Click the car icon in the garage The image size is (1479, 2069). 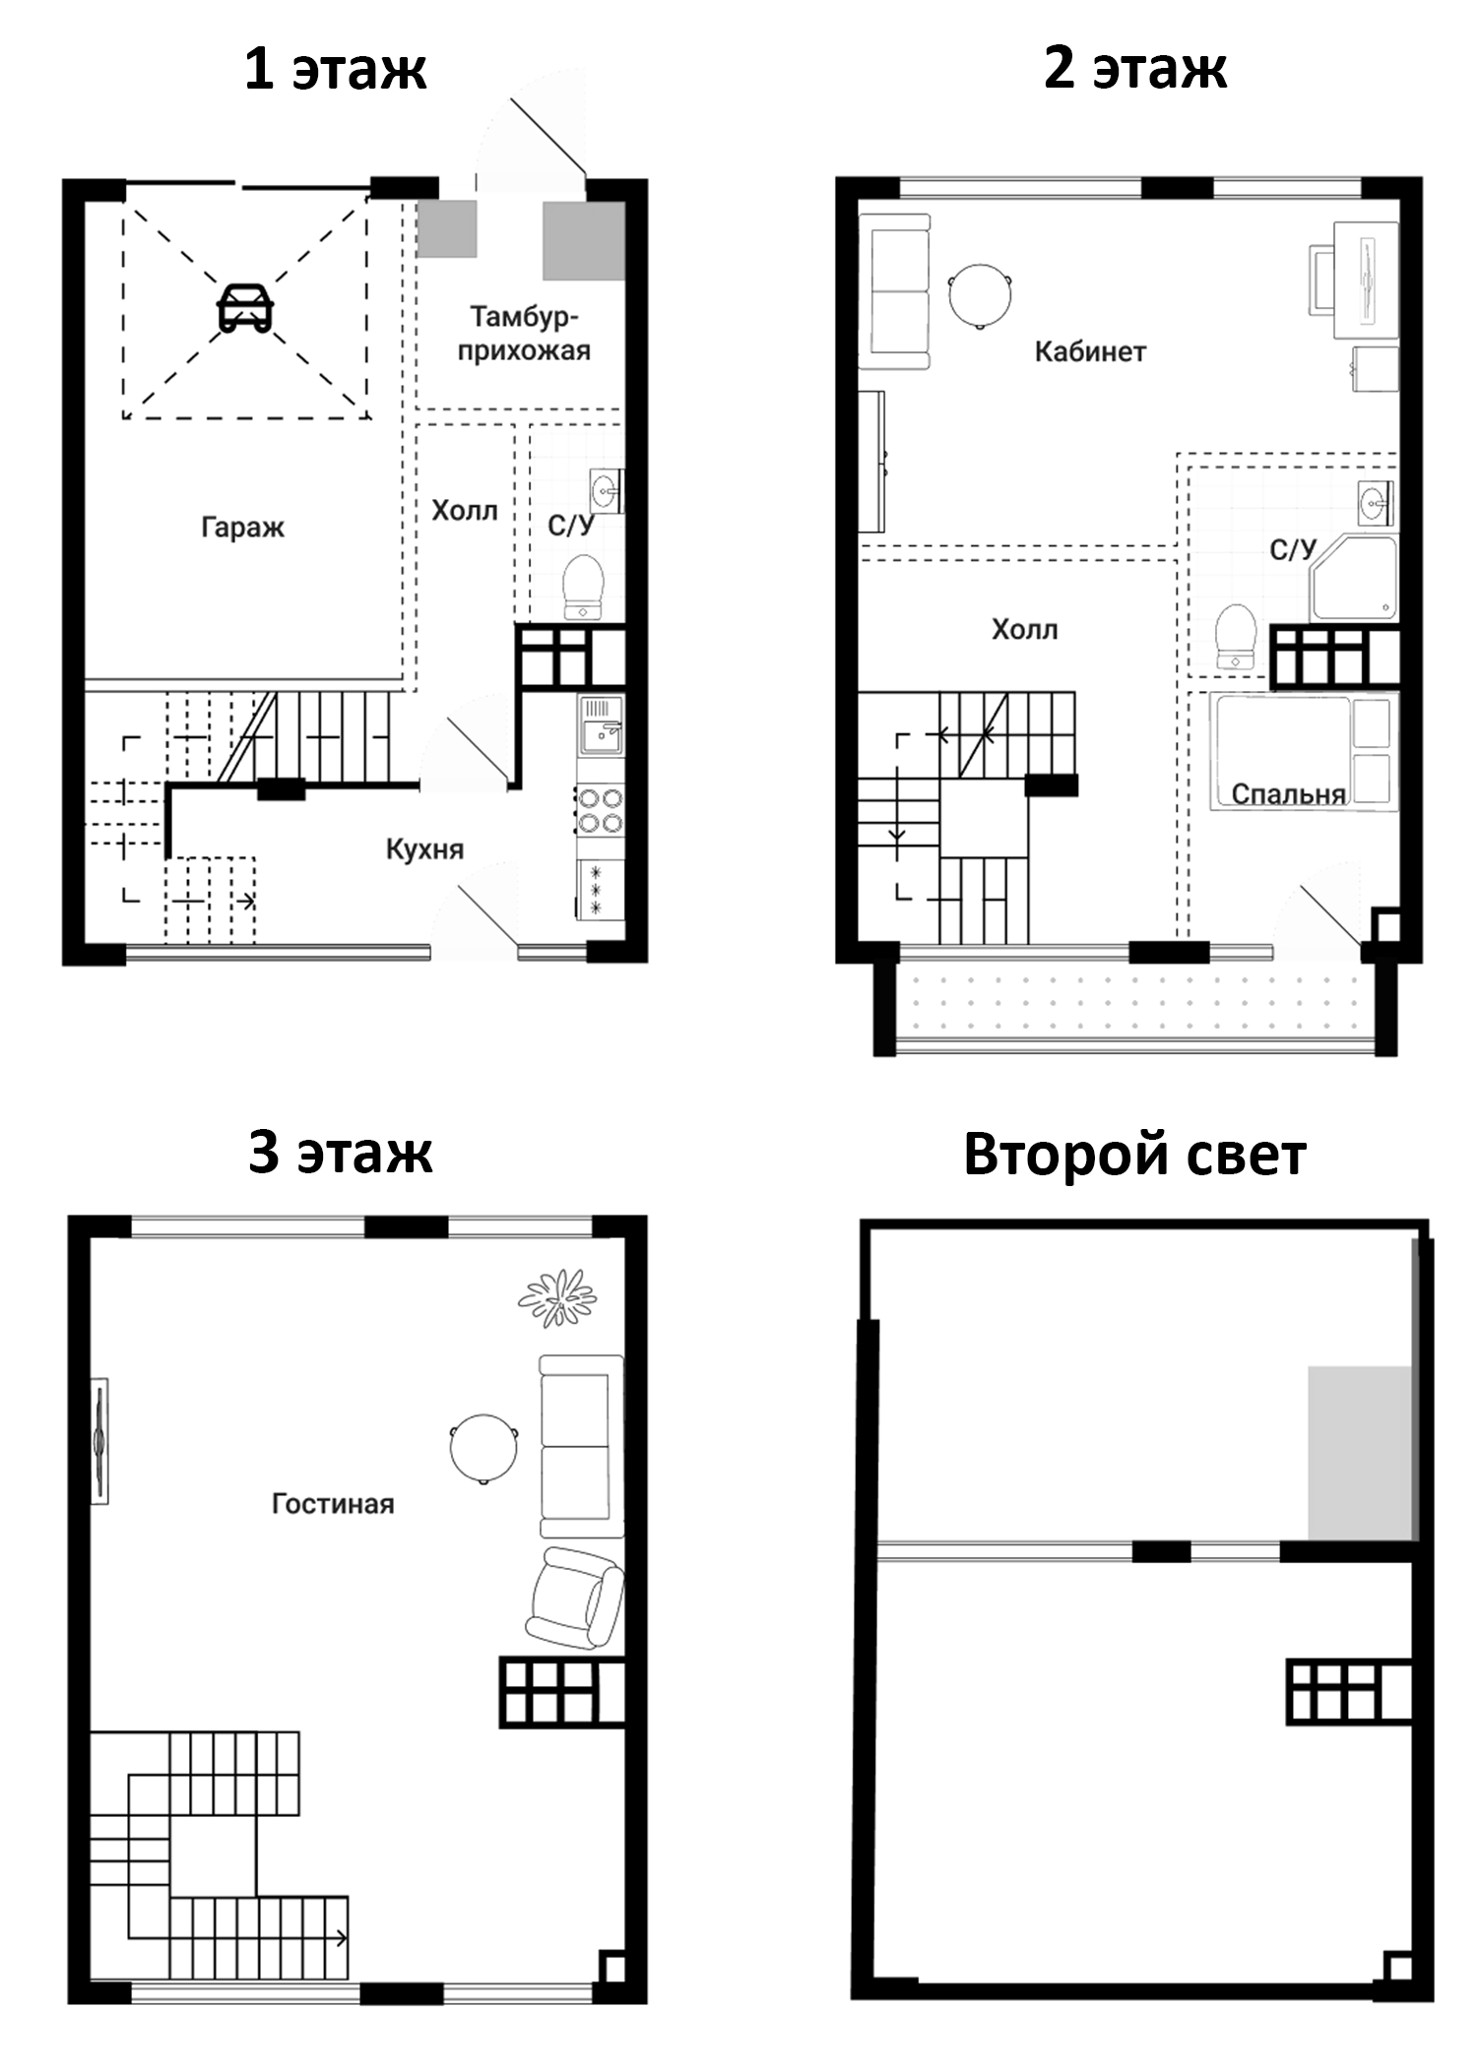(245, 308)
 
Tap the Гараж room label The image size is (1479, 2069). (242, 528)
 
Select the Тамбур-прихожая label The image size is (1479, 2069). (524, 334)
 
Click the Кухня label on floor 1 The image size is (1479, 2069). (424, 848)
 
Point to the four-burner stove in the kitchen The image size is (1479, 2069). (600, 809)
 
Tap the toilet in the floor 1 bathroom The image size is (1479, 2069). (583, 587)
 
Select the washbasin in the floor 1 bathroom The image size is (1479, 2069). (606, 489)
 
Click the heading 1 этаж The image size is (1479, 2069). (336, 70)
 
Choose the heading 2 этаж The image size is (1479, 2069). (1135, 70)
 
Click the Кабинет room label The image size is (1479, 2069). (1090, 351)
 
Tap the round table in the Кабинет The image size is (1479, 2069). (981, 294)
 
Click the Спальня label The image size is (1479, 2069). (1288, 793)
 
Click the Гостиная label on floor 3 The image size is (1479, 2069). (333, 1503)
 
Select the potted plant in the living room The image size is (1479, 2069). (558, 1297)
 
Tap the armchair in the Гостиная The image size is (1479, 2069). (574, 1599)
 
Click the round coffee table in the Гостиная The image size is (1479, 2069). (484, 1448)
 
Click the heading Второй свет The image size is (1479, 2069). (1134, 1154)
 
